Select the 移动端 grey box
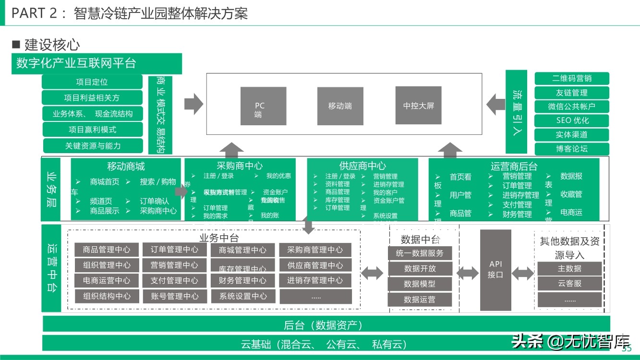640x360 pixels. click(x=340, y=106)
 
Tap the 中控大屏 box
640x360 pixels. click(x=418, y=106)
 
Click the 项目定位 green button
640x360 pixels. click(x=92, y=82)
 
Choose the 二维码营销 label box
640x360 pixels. click(x=572, y=78)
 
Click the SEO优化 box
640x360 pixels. click(x=572, y=120)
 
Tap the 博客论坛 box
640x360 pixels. click(x=572, y=149)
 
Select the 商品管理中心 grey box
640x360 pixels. click(x=107, y=250)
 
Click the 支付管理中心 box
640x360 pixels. click(x=174, y=280)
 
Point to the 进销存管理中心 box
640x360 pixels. click(x=315, y=280)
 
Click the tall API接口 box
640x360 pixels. click(x=495, y=270)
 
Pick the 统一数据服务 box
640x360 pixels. click(x=420, y=253)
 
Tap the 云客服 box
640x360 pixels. click(x=569, y=284)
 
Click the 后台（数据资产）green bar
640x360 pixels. click(x=326, y=325)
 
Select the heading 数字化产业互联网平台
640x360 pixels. click(x=97, y=63)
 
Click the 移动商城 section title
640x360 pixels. click(x=126, y=166)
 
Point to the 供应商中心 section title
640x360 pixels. click(x=362, y=166)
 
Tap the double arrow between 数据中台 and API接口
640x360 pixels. click(x=467, y=274)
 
